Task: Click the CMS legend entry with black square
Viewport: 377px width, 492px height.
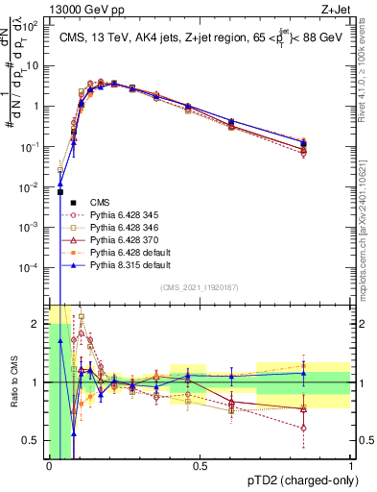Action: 100,203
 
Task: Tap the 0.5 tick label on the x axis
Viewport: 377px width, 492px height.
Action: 200,466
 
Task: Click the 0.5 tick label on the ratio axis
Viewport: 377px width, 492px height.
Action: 35,441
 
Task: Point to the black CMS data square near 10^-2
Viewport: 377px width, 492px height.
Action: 61,192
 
